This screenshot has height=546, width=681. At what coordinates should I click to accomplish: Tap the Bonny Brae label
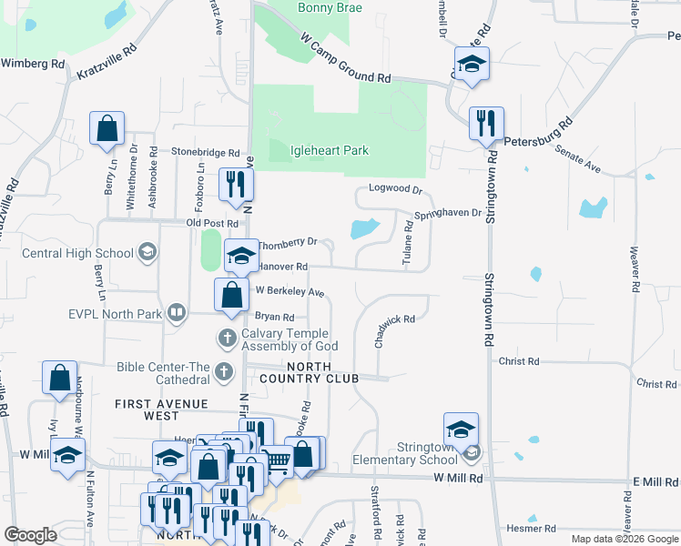tap(330, 8)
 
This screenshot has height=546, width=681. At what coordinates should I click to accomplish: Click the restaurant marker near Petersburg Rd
tap(486, 123)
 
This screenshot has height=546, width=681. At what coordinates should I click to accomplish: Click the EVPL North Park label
tap(100, 314)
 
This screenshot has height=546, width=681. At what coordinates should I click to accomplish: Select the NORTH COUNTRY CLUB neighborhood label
tap(309, 372)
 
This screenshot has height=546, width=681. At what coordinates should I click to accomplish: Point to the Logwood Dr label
tap(396, 189)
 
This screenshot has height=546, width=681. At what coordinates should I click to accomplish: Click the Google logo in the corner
tap(30, 535)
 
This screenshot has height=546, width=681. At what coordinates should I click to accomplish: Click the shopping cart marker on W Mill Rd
tap(276, 463)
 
